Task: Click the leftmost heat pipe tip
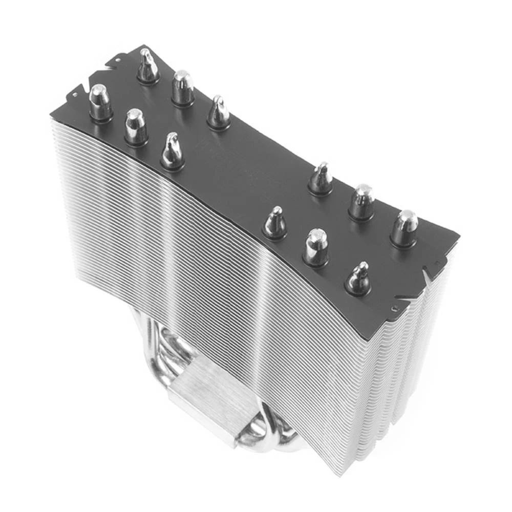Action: [100, 100]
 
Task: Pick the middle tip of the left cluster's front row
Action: [136, 125]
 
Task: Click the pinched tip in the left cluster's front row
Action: [172, 150]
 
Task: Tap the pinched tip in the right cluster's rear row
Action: [321, 177]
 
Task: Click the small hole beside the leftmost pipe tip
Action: [75, 95]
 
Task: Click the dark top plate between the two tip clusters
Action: [246, 174]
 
